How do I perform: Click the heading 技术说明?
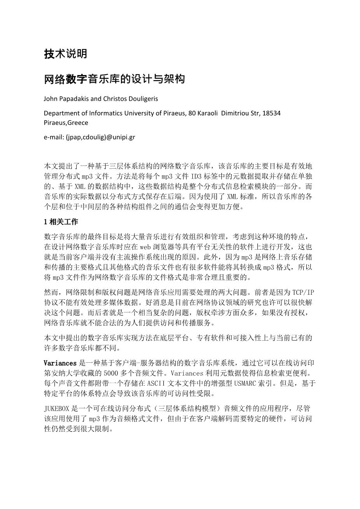pos(65,54)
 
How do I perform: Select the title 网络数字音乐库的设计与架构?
pos(114,80)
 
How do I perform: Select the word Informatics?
pos(103,113)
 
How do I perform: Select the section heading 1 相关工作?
pos(61,222)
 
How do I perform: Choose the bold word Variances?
pos(60,363)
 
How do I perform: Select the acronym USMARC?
pos(246,383)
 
